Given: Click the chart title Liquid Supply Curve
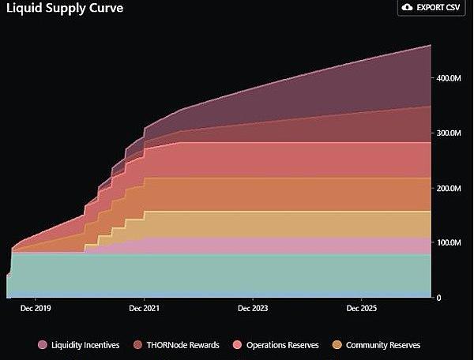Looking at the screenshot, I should (x=62, y=9).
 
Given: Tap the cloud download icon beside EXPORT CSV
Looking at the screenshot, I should (x=407, y=7).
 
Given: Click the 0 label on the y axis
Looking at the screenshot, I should (x=438, y=298).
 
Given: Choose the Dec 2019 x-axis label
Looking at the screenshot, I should (x=36, y=308).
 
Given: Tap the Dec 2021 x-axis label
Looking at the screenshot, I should (x=143, y=308).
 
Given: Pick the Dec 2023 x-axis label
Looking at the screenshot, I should (x=252, y=308).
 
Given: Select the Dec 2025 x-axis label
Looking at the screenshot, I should (x=360, y=308).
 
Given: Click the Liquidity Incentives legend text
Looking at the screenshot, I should (x=86, y=345).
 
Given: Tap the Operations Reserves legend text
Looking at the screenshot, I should (x=282, y=345).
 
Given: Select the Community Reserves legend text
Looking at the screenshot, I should (x=383, y=345).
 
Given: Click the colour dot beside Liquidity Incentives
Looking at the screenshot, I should (x=43, y=345).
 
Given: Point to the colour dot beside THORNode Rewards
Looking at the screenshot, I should (x=138, y=345).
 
